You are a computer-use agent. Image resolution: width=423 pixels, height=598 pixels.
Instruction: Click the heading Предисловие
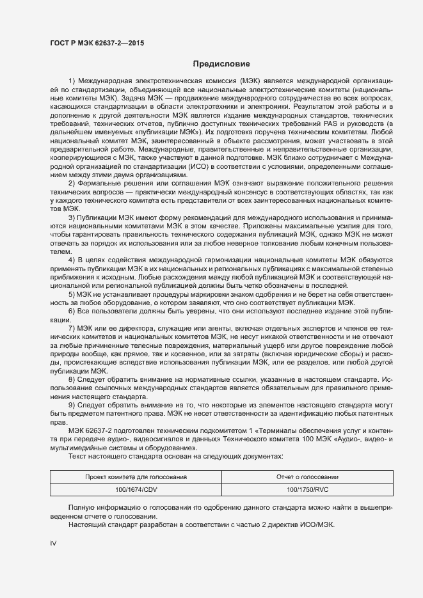(221, 64)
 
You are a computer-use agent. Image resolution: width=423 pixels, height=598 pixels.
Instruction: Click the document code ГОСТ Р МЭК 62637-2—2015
(97, 43)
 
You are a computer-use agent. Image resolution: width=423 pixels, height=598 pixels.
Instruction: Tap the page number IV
(54, 543)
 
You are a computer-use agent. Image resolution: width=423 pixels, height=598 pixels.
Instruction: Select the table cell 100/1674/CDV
(136, 489)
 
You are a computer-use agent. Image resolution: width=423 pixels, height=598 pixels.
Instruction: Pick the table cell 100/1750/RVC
(308, 489)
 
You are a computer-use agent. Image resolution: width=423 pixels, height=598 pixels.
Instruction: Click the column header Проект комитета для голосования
(136, 477)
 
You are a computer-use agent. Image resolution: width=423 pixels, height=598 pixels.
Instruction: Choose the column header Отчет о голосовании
(308, 477)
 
